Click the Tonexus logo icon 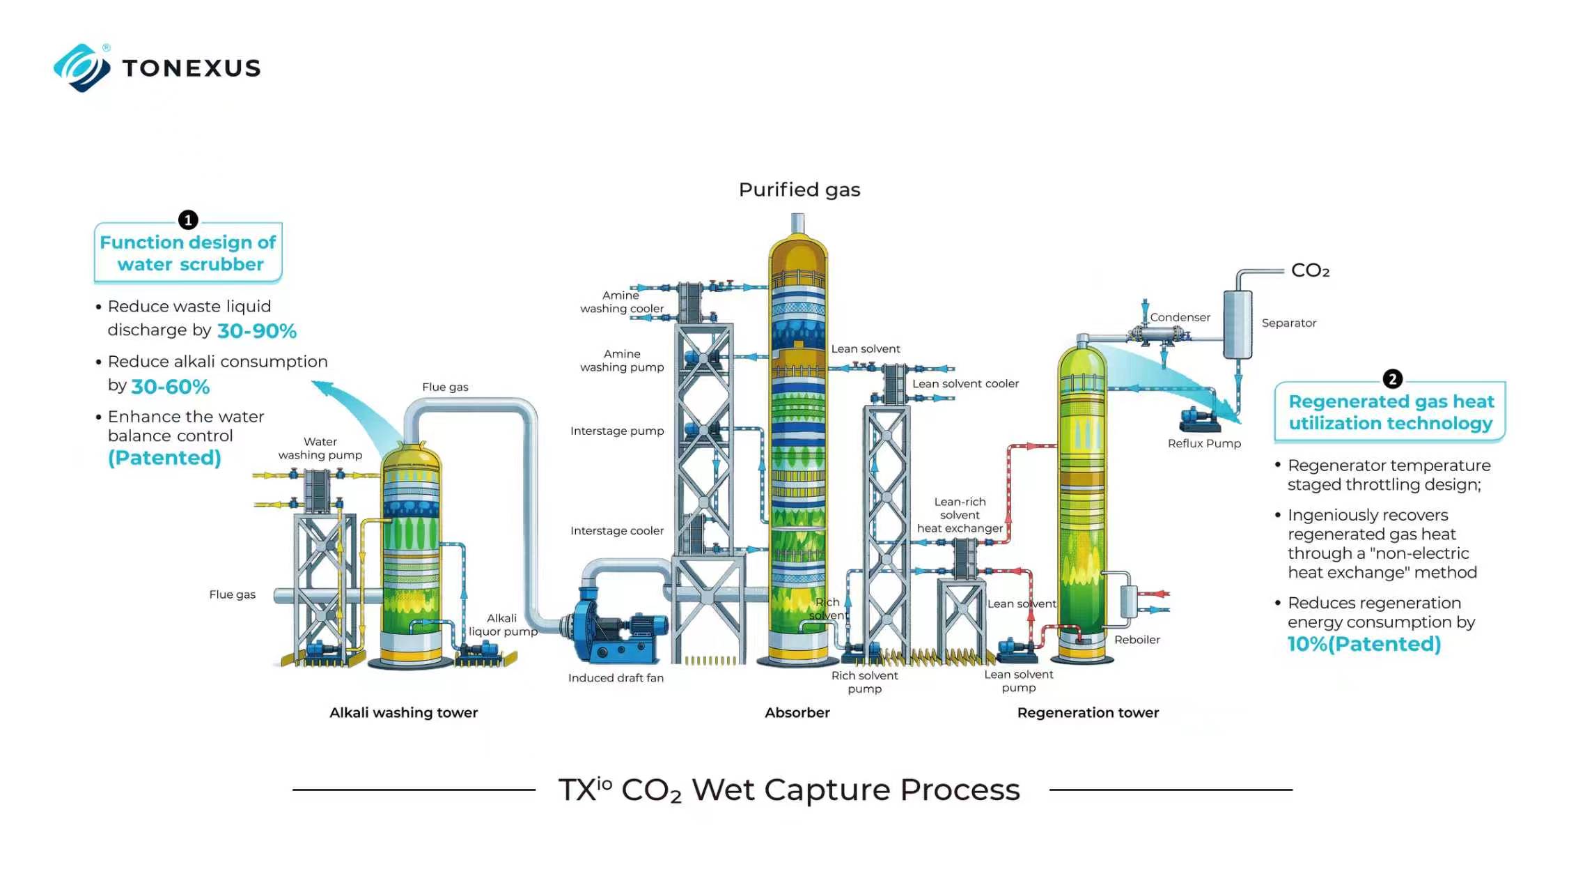[x=82, y=68]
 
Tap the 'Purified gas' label [x=799, y=190]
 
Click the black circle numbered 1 [x=188, y=220]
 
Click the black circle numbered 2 [x=1392, y=379]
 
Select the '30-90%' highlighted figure [x=257, y=331]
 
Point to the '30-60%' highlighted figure [x=171, y=387]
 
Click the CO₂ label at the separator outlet [x=1310, y=270]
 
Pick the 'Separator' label [x=1289, y=323]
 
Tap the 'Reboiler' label [x=1137, y=640]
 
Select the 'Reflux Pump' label [x=1204, y=444]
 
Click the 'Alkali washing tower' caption [x=404, y=713]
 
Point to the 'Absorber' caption [x=797, y=713]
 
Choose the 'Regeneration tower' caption [x=1088, y=713]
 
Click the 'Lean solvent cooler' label [x=965, y=384]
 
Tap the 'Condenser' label [x=1180, y=318]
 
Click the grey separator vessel [x=1237, y=325]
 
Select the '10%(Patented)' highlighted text [x=1364, y=644]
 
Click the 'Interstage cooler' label [x=617, y=531]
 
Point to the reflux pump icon [x=1199, y=420]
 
